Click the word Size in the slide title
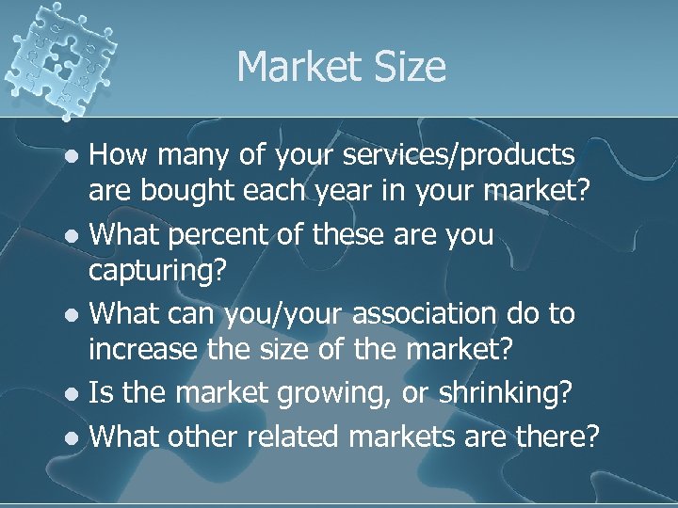tap(411, 67)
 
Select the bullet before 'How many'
tap(76, 154)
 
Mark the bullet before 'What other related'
tap(76, 437)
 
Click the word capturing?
tap(158, 274)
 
